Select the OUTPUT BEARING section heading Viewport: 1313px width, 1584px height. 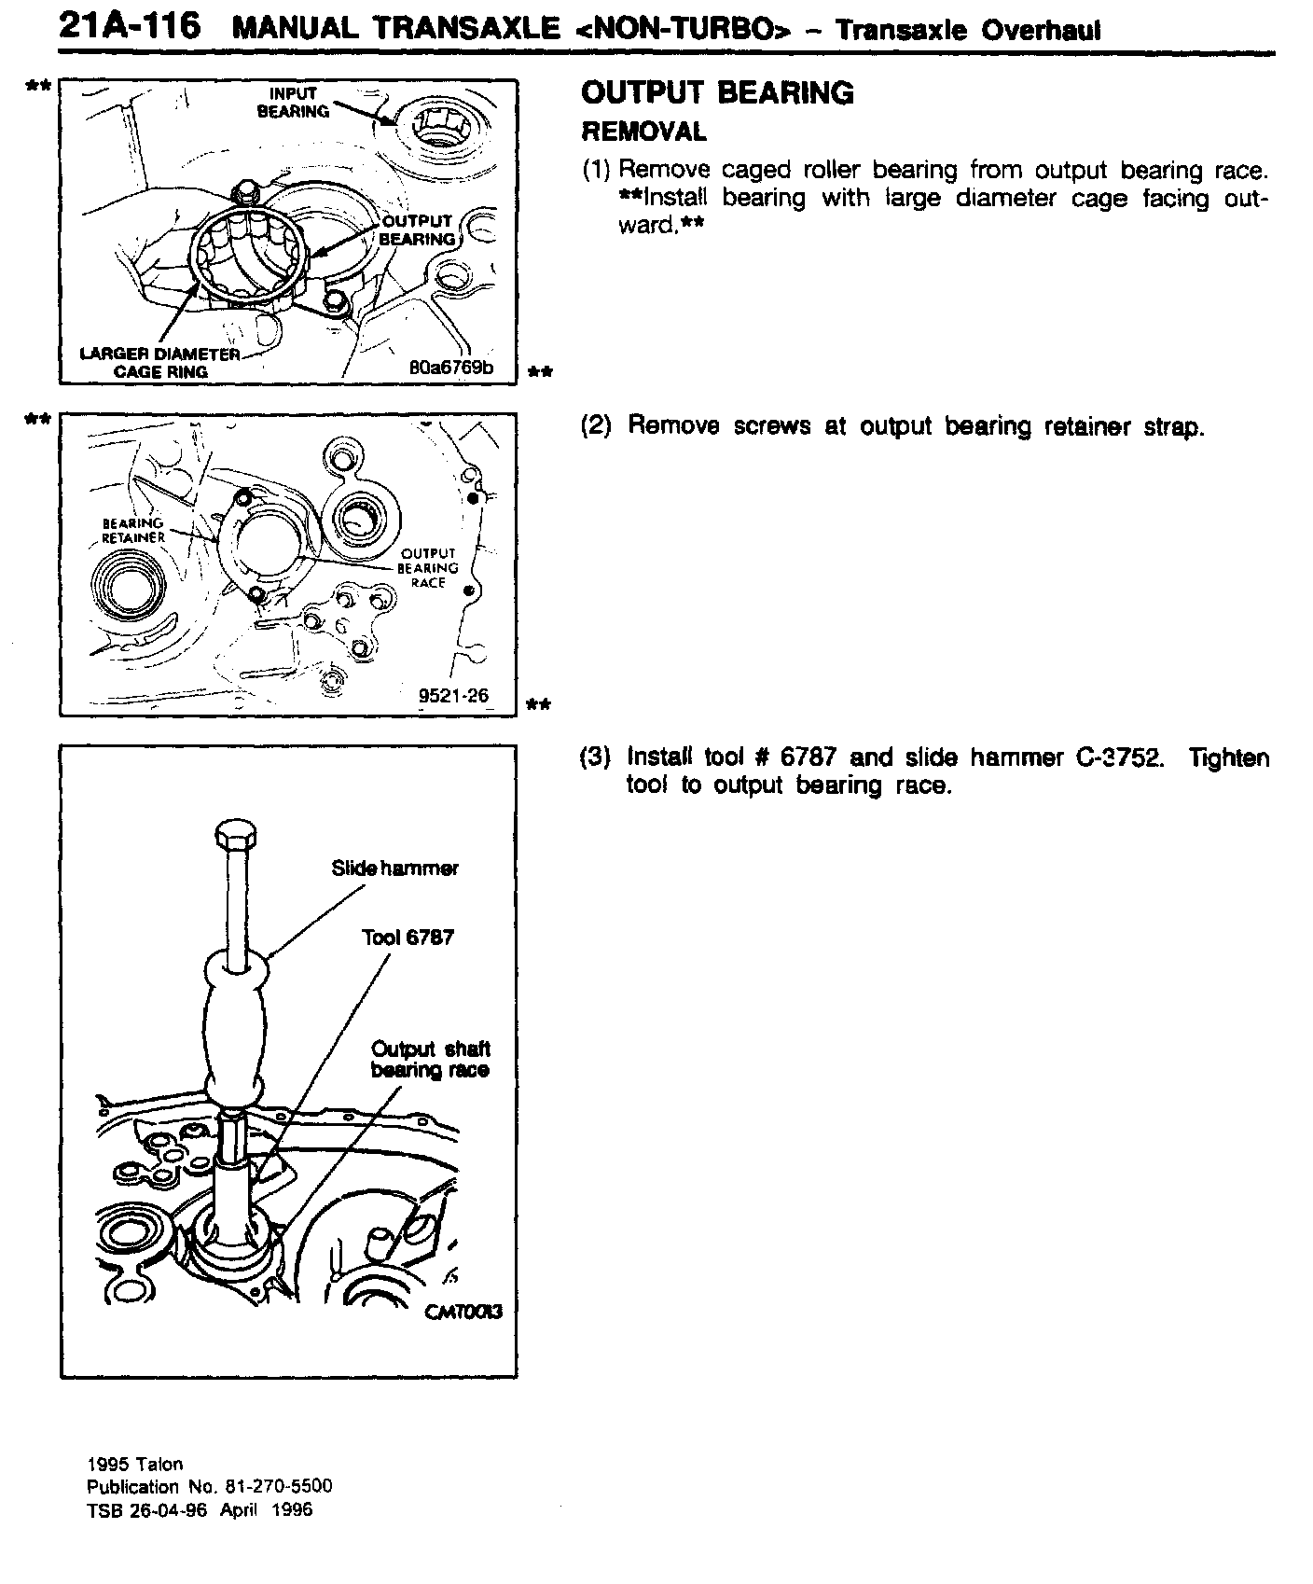[x=717, y=93]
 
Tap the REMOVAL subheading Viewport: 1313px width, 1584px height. [x=643, y=132]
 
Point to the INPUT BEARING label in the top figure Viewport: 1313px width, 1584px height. [x=294, y=103]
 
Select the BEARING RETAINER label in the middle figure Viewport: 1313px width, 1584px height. [x=133, y=530]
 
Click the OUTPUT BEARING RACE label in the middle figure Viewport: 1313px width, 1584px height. [x=428, y=568]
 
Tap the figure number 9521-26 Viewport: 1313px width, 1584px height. [x=454, y=695]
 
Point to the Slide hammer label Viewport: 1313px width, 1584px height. [x=394, y=868]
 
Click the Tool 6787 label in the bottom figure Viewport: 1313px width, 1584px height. [x=408, y=938]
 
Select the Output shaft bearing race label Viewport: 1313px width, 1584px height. [x=430, y=1060]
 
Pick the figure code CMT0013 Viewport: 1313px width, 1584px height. [x=463, y=1311]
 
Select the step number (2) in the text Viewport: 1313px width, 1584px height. [x=597, y=426]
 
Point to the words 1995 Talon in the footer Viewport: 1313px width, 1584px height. [x=135, y=1465]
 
